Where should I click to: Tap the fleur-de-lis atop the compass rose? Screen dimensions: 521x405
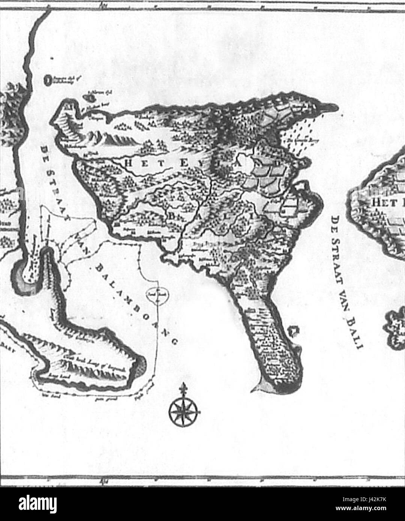coord(183,388)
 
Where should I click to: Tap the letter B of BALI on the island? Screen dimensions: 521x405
coord(173,217)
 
